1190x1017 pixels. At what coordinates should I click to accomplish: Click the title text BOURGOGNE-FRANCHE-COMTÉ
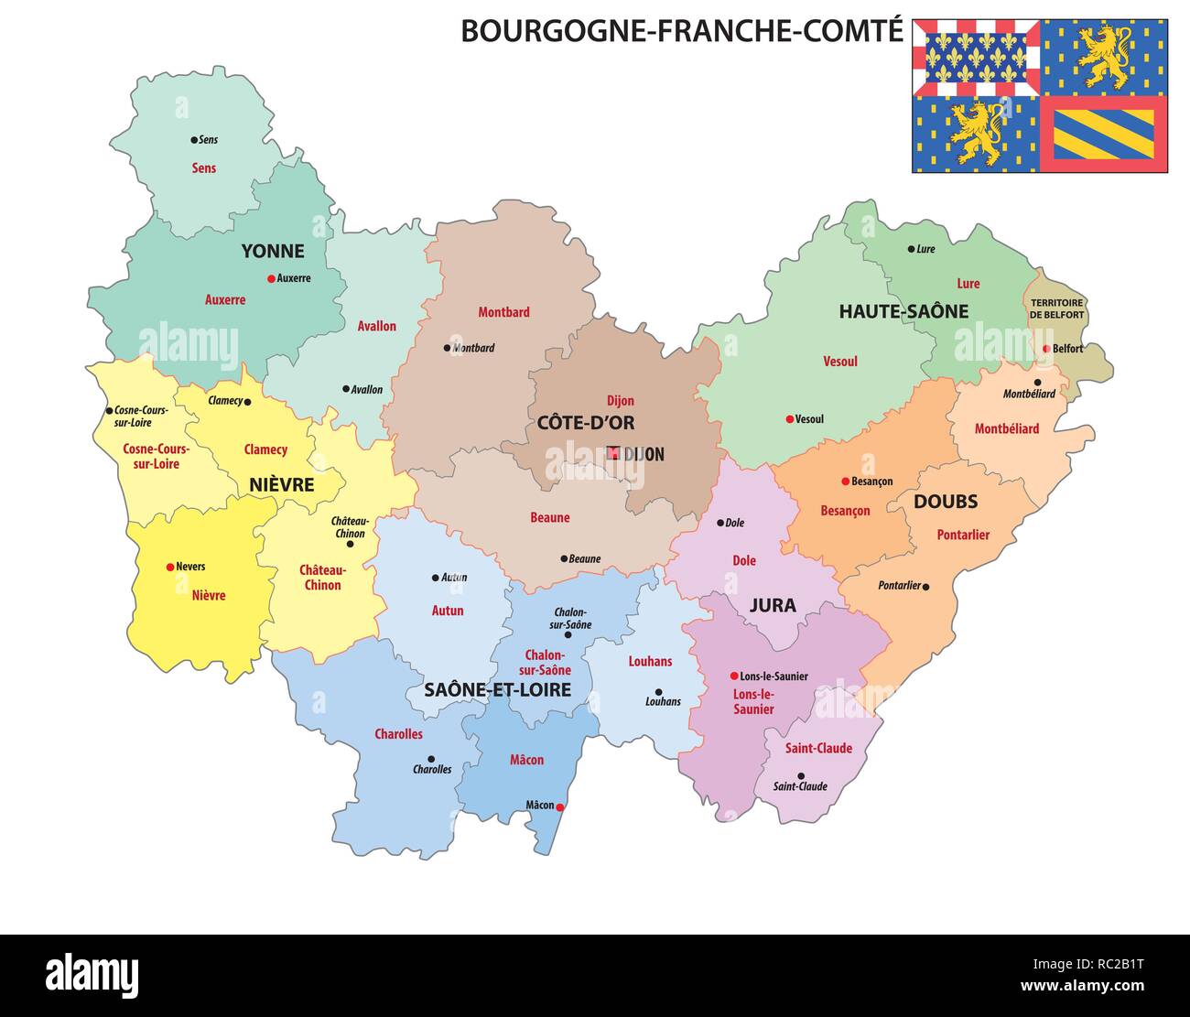click(x=681, y=31)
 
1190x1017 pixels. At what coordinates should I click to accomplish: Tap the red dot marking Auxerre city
click(x=271, y=278)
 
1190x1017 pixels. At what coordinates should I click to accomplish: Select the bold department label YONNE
click(x=273, y=251)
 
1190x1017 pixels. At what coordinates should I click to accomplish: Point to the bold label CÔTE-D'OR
click(x=586, y=423)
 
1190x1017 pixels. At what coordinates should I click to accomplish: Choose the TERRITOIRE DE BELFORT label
click(x=1056, y=308)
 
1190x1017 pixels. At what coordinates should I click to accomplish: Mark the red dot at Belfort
click(x=1046, y=349)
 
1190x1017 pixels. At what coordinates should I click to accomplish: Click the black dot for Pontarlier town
click(x=926, y=586)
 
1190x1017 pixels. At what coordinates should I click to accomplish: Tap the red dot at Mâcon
click(x=560, y=806)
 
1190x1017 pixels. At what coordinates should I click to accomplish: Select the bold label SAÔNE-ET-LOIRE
click(x=497, y=690)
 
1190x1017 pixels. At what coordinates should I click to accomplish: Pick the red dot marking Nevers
click(x=169, y=567)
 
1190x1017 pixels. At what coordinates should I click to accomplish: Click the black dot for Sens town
click(x=194, y=140)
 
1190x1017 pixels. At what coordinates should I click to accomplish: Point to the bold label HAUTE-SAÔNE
click(x=903, y=312)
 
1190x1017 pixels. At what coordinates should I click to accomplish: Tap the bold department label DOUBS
click(x=946, y=502)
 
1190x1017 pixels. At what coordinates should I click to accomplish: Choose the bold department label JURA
click(x=773, y=605)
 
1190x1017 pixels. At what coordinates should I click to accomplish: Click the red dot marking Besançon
click(x=845, y=481)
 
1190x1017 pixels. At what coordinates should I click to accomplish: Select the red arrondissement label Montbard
click(x=503, y=312)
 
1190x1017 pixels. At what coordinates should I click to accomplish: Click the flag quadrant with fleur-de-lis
click(x=976, y=57)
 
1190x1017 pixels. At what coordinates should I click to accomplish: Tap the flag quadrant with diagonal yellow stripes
click(x=1104, y=135)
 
